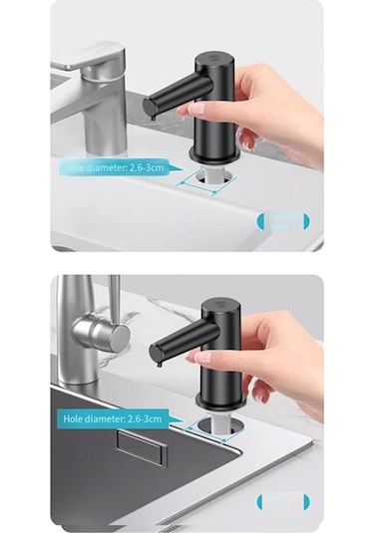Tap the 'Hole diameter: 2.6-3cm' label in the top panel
pos(111,168)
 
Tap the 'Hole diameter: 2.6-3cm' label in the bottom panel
pos(110,419)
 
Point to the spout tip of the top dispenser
pos(149,107)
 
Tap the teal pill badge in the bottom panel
pos(283,501)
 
